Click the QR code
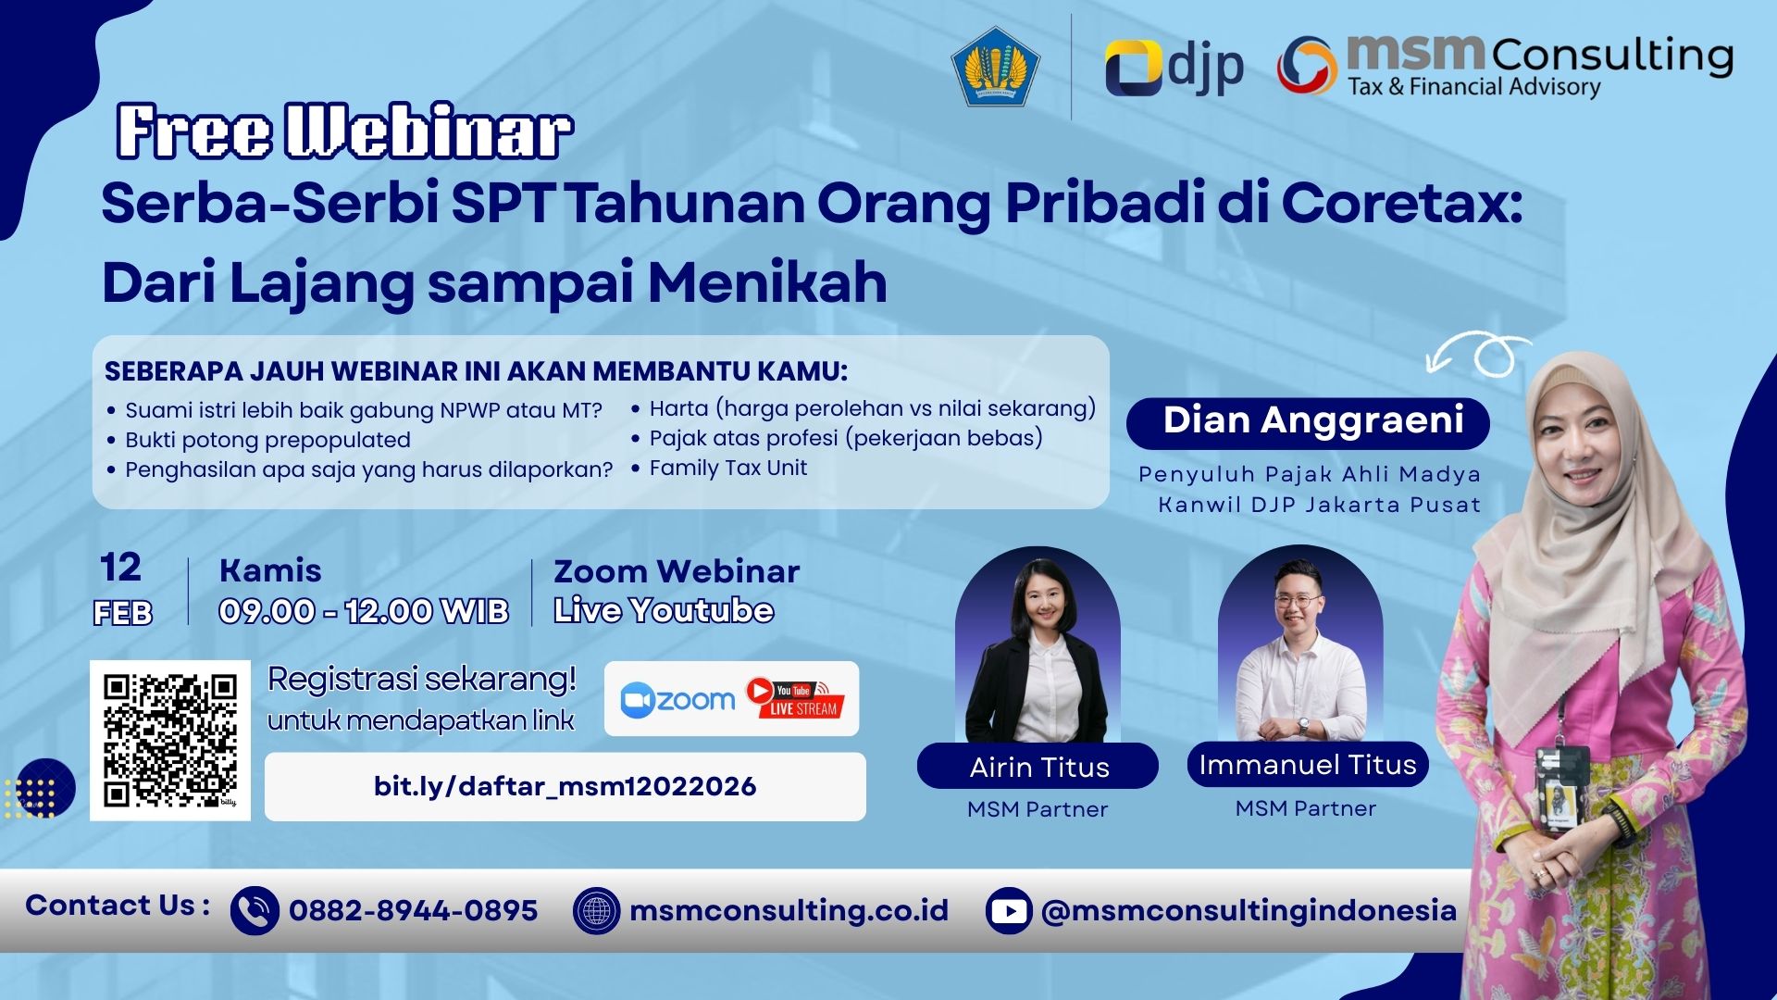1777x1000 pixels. [x=170, y=741]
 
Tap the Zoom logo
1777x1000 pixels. [x=678, y=699]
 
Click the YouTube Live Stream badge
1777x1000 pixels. [x=795, y=698]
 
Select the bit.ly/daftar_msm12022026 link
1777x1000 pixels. [x=565, y=787]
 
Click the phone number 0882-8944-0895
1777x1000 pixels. [x=413, y=910]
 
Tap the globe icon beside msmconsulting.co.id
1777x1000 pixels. [x=596, y=910]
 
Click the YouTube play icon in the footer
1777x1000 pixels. [x=1009, y=910]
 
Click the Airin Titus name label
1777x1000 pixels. [x=1038, y=767]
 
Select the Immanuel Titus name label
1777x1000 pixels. [x=1307, y=765]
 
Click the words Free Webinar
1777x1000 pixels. [x=344, y=131]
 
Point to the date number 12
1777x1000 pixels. [x=120, y=568]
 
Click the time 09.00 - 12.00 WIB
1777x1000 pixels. [x=363, y=611]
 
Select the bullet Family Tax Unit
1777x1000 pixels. [x=727, y=469]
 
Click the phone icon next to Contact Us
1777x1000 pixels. [x=254, y=910]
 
